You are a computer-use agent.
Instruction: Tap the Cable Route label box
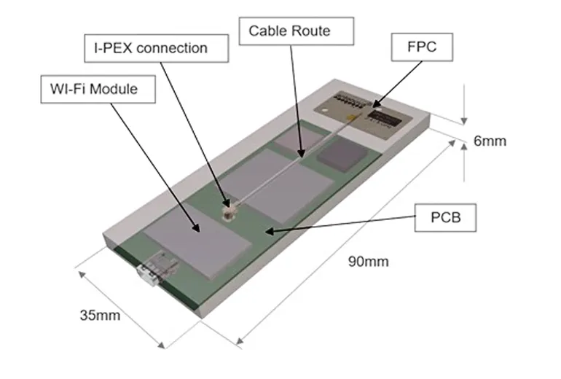298,31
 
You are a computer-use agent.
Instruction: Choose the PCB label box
445,217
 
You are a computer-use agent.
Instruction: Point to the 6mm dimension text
490,141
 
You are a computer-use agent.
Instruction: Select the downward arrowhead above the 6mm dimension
464,120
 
